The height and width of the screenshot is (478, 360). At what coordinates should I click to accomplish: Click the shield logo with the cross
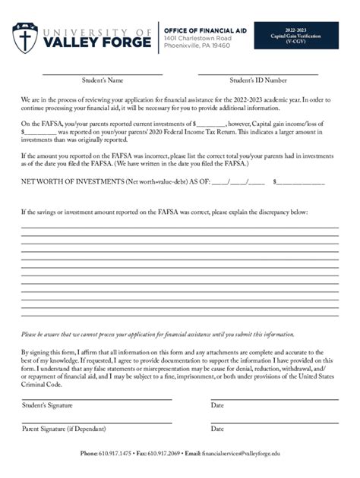coord(25,37)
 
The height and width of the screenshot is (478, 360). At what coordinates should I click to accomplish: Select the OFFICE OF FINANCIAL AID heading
coord(207,30)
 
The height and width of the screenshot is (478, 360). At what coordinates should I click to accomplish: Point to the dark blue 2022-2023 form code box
coord(296,36)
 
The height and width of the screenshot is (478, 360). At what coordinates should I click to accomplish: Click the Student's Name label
coord(103,80)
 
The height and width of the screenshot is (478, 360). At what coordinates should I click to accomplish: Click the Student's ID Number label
coord(258,80)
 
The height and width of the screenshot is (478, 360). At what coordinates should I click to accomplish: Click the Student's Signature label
coord(47,405)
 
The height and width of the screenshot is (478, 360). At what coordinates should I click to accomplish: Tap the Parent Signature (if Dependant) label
coord(64,429)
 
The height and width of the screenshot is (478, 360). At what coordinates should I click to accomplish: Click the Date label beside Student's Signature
coord(217,405)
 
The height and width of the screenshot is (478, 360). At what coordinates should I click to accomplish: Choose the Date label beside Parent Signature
coord(217,429)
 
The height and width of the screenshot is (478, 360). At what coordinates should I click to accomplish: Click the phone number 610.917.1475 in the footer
coord(114,453)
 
